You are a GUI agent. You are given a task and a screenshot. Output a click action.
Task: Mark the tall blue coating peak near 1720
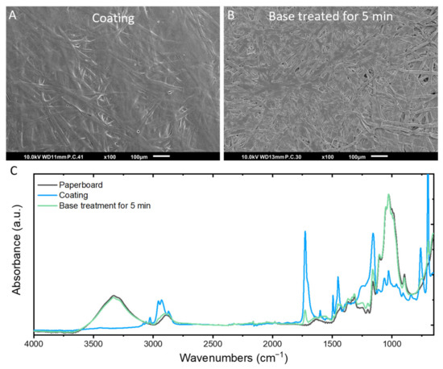pyautogui.click(x=305, y=233)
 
